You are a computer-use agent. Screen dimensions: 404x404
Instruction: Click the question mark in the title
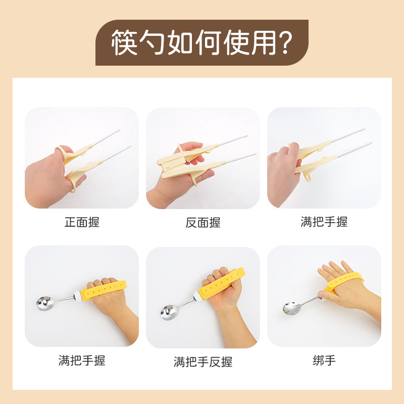click(285, 43)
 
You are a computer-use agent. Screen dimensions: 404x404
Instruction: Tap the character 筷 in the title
click(124, 42)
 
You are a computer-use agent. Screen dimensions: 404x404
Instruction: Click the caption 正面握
click(82, 222)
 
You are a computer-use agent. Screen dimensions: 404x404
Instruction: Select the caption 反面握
click(203, 223)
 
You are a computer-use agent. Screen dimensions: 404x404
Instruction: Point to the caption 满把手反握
click(203, 362)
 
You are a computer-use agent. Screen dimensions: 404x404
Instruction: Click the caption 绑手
click(324, 360)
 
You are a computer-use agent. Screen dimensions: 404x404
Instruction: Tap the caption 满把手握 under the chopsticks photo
click(324, 222)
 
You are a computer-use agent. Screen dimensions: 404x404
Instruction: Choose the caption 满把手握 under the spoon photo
click(82, 360)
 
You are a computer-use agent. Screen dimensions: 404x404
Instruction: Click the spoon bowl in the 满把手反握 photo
click(169, 312)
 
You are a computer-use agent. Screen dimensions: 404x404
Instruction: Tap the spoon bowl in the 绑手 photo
click(291, 308)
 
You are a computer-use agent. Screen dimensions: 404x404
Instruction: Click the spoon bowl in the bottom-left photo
click(45, 304)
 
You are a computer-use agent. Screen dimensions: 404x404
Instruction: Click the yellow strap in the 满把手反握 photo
click(222, 283)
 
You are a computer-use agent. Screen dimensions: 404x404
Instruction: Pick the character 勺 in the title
click(152, 42)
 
